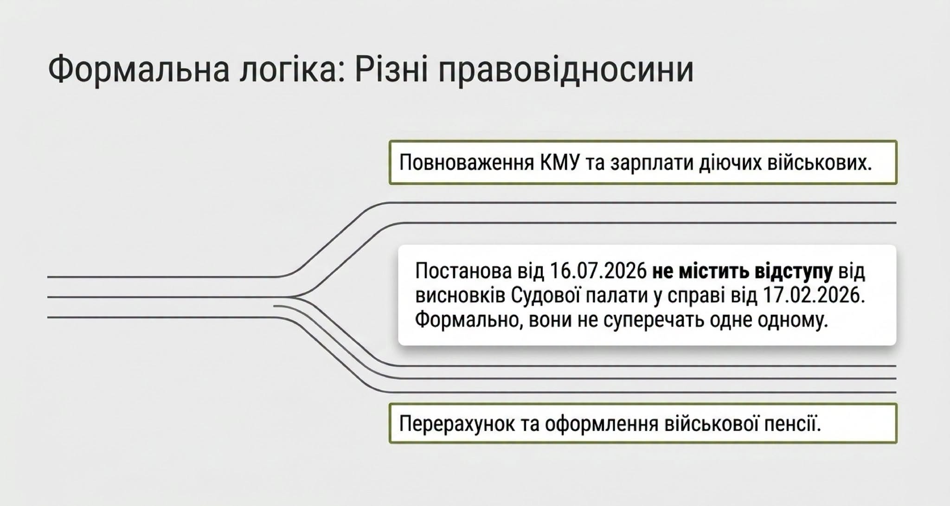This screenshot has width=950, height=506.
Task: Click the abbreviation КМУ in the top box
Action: coord(560,163)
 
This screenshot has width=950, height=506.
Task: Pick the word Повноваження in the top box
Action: coord(467,163)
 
